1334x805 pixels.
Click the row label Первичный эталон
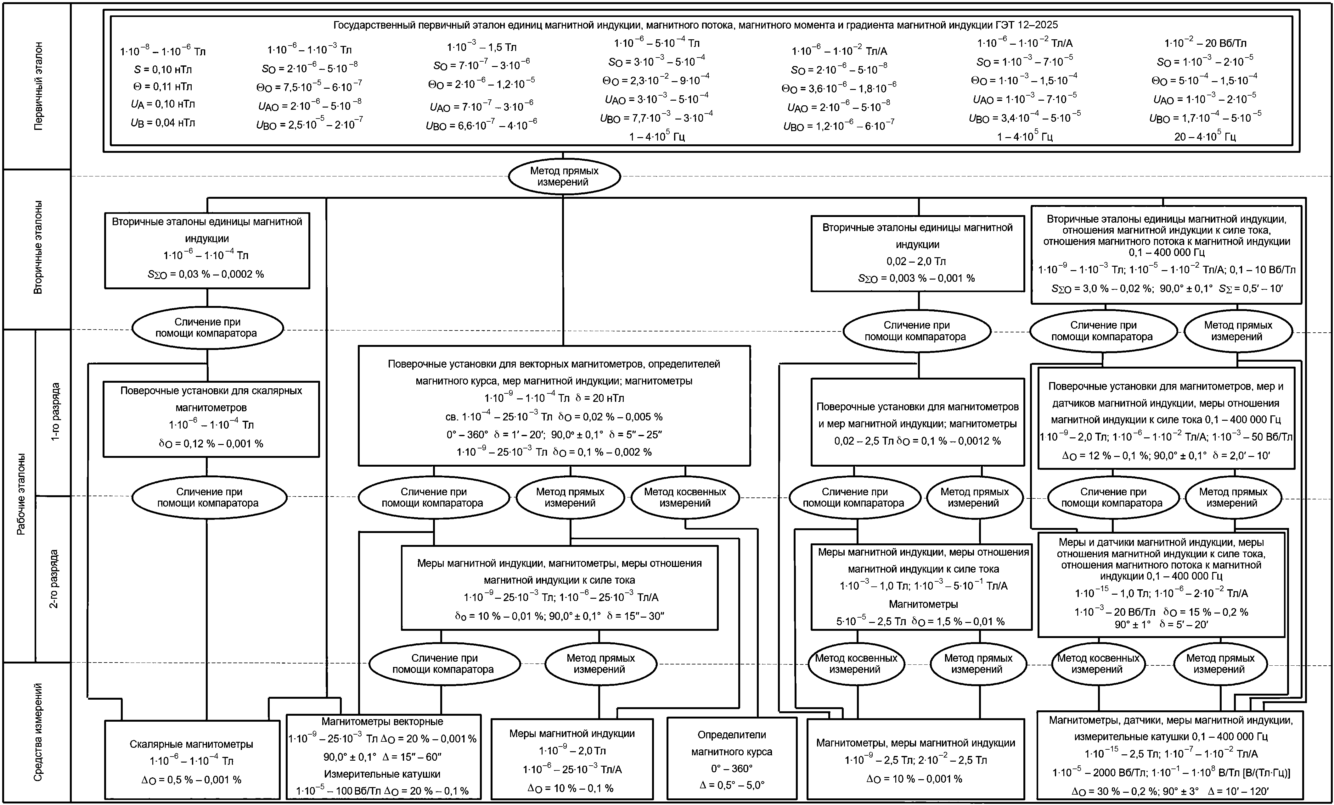pos(38,86)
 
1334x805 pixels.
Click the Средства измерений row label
pos(38,732)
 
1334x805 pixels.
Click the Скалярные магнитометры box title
pos(191,744)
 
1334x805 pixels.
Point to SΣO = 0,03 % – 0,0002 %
pos(206,274)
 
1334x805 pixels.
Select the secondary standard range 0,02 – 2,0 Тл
pos(917,261)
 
